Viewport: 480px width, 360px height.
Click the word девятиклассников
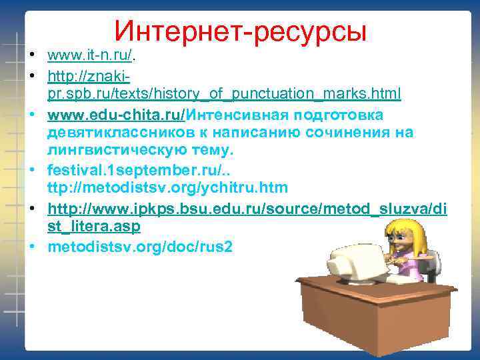pos(131,132)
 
